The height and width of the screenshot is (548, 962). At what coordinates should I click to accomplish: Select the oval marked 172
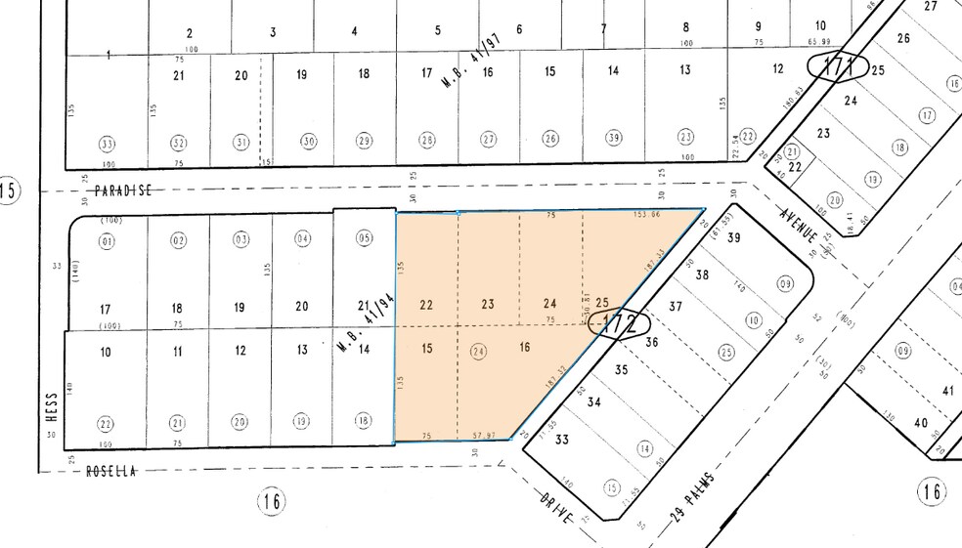(619, 325)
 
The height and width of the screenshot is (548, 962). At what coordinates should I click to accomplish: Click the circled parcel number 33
(107, 144)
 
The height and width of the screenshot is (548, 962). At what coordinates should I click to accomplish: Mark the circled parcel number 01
(107, 240)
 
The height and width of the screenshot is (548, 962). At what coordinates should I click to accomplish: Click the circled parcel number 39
(613, 138)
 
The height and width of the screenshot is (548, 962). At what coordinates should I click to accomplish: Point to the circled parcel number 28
(426, 140)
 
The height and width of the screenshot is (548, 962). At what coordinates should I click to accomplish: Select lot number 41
(947, 391)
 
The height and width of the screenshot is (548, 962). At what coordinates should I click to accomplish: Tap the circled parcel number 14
(643, 448)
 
